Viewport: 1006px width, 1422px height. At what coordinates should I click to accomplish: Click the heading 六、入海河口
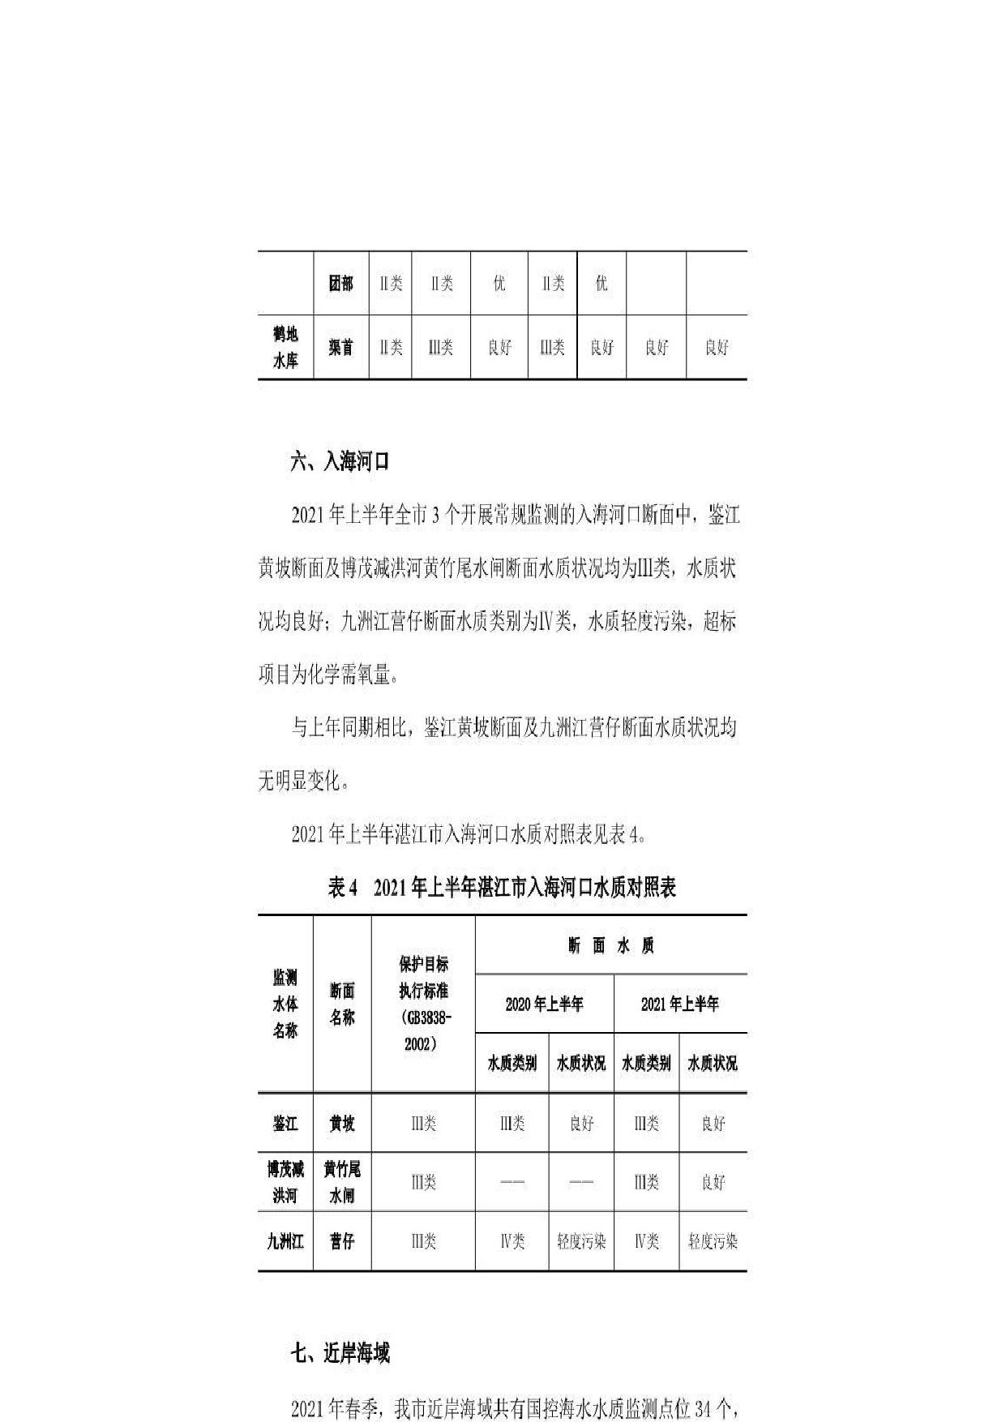[x=340, y=462]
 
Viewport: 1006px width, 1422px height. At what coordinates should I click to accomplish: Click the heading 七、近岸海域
[x=340, y=1353]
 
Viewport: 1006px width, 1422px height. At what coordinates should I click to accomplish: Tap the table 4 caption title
[x=502, y=888]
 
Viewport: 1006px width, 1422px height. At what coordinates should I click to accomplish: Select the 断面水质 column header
[x=610, y=945]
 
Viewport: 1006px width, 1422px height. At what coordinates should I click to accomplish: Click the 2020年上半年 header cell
[x=544, y=1004]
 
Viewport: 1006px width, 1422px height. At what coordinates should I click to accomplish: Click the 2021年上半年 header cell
[x=679, y=1004]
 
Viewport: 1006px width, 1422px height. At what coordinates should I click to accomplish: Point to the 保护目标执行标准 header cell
[x=423, y=1004]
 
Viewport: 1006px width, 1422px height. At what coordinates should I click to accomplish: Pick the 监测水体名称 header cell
[x=285, y=1004]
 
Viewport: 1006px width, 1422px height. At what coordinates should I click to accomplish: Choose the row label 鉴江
[x=285, y=1124]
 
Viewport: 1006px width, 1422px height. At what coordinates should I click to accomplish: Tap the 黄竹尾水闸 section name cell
[x=342, y=1182]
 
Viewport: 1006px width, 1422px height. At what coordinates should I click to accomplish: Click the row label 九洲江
[x=285, y=1241]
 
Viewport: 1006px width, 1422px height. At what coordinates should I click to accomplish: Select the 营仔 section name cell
[x=342, y=1241]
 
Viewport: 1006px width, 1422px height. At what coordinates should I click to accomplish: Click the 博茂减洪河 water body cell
[x=285, y=1182]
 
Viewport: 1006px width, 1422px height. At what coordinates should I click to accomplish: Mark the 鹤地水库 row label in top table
[x=285, y=347]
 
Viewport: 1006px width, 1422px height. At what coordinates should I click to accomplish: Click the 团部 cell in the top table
[x=341, y=283]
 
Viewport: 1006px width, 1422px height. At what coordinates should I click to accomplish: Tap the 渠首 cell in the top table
[x=341, y=347]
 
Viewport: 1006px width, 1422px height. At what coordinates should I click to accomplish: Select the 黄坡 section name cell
[x=342, y=1124]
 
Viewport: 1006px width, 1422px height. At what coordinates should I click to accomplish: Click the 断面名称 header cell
[x=342, y=1004]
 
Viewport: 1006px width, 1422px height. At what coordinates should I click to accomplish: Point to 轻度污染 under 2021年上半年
[x=713, y=1241]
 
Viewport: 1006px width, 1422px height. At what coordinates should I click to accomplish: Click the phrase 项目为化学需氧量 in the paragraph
[x=324, y=675]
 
